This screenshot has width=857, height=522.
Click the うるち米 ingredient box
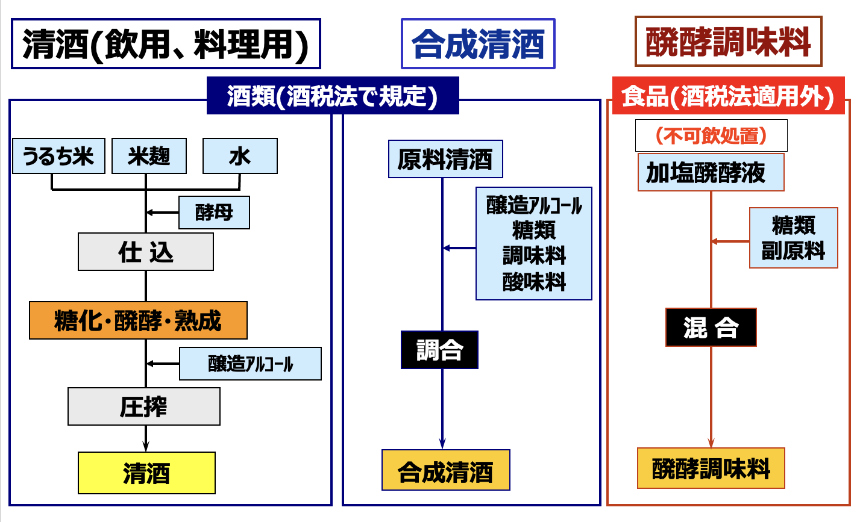(58, 156)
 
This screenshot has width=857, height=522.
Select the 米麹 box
(149, 156)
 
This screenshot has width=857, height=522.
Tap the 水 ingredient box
(240, 156)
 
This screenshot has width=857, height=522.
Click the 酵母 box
(215, 213)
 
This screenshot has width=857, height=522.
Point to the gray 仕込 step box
(146, 252)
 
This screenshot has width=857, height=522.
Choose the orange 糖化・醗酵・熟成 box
(138, 320)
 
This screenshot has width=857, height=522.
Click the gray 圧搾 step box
(144, 406)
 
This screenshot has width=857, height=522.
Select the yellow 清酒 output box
(146, 473)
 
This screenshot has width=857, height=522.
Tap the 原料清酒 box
(445, 159)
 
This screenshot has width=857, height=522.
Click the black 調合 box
(439, 350)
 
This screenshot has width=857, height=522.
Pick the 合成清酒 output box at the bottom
(446, 470)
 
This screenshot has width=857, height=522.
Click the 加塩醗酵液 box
(711, 172)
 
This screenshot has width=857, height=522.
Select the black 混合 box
(711, 327)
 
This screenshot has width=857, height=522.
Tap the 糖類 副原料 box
(794, 238)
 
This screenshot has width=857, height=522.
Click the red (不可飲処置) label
(711, 135)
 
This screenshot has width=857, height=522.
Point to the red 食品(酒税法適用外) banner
(728, 96)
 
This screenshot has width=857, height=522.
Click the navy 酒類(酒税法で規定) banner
(333, 96)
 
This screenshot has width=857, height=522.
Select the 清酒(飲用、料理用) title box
(166, 43)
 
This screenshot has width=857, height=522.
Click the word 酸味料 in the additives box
(534, 282)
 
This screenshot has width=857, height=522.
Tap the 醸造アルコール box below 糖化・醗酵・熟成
(250, 364)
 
